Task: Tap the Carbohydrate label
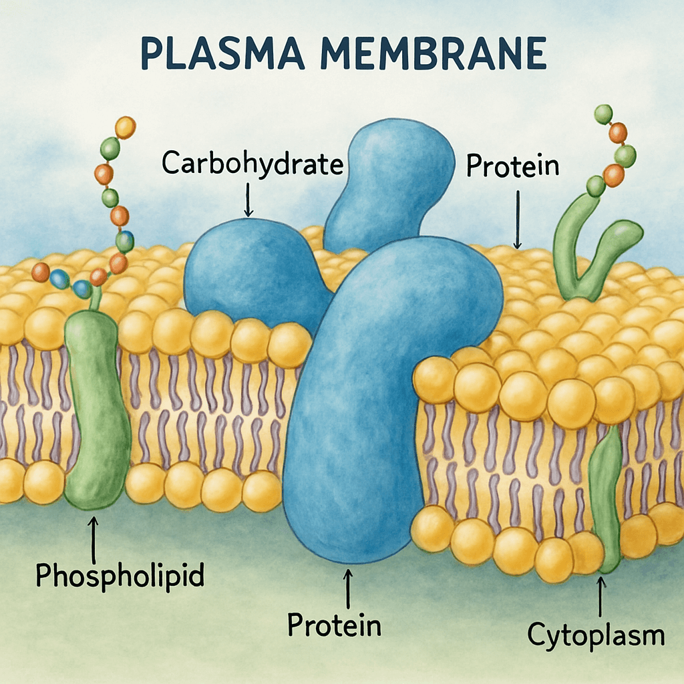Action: [252, 164]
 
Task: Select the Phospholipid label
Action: [119, 575]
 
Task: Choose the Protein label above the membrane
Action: [512, 166]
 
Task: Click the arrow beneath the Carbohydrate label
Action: [248, 200]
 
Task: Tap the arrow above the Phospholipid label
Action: [93, 538]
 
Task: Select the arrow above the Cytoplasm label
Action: [601, 596]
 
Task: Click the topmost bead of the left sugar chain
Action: [125, 126]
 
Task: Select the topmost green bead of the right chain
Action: [603, 113]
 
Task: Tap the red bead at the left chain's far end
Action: [41, 272]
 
